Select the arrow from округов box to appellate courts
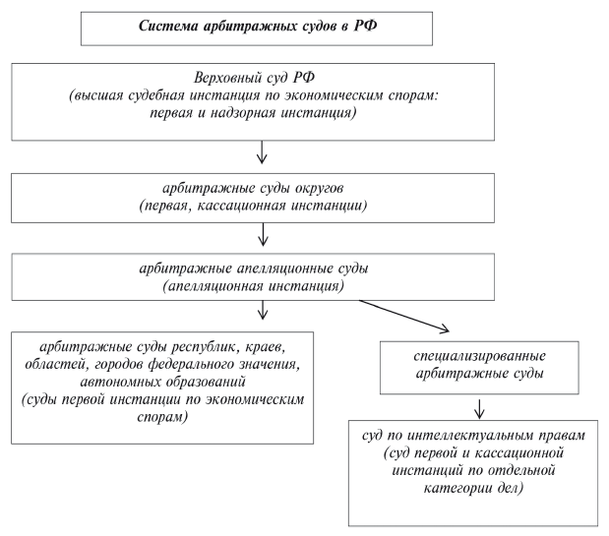[x=262, y=234]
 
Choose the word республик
[x=193, y=347]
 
